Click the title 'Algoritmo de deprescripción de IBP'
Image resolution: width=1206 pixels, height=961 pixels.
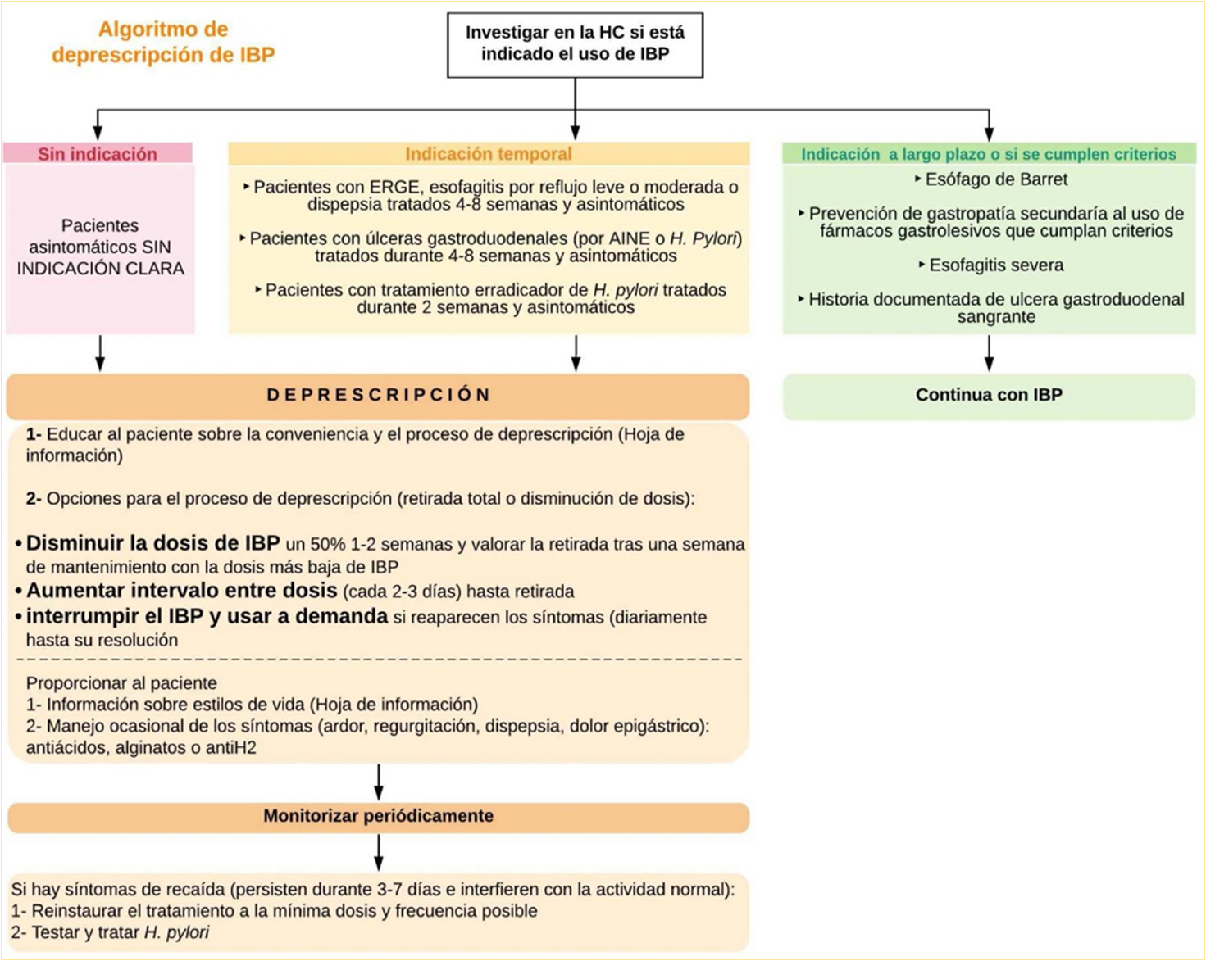click(x=163, y=42)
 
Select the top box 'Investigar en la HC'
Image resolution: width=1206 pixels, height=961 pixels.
click(x=575, y=44)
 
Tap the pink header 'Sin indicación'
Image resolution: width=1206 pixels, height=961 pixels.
click(x=98, y=154)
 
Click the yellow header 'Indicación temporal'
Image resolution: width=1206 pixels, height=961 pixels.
click(x=489, y=154)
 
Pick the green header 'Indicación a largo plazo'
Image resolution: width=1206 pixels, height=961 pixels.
click(x=988, y=154)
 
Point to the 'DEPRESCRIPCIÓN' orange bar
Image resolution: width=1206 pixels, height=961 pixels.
click(x=378, y=396)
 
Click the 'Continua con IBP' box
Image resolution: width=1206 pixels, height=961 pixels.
click(x=989, y=396)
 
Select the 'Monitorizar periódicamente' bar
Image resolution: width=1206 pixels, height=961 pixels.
click(x=378, y=817)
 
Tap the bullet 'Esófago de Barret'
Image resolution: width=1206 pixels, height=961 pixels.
click(x=995, y=179)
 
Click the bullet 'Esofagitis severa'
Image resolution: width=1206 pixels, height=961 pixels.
click(x=995, y=265)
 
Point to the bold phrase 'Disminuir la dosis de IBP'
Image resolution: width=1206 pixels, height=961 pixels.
click(x=152, y=544)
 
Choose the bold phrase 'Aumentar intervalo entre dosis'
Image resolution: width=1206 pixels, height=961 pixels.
click(x=181, y=591)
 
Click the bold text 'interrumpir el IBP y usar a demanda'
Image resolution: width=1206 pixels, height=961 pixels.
click(x=207, y=617)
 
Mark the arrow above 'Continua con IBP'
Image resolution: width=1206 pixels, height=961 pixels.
click(x=989, y=353)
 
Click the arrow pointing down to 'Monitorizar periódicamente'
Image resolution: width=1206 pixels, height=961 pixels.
click(x=378, y=782)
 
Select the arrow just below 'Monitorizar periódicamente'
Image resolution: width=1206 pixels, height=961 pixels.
click(x=378, y=853)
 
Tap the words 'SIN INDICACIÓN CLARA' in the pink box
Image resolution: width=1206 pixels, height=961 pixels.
click(x=101, y=268)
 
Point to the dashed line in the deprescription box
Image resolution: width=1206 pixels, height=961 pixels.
click(x=378, y=660)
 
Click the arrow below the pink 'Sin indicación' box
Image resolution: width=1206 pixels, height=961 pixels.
click(x=100, y=353)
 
